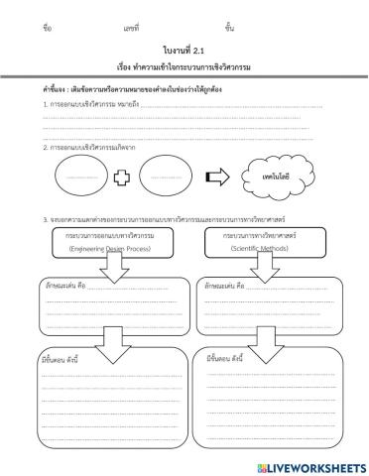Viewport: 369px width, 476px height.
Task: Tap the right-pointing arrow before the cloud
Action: click(215, 177)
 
